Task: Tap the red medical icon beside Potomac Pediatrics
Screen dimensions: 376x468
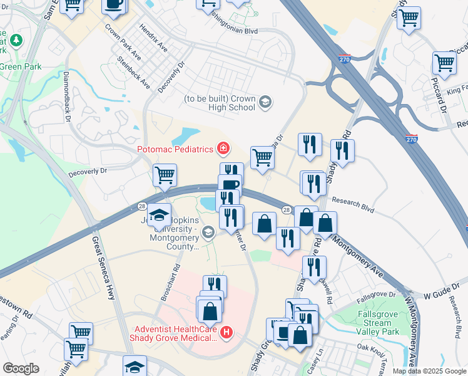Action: (x=222, y=149)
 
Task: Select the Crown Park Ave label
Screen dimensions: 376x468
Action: (x=123, y=41)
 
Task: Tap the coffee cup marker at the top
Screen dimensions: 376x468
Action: (x=114, y=4)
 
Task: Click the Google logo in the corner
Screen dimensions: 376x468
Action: (x=20, y=368)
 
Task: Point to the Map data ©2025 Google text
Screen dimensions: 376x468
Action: (x=429, y=371)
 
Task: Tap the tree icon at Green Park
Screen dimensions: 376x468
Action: (x=15, y=41)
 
